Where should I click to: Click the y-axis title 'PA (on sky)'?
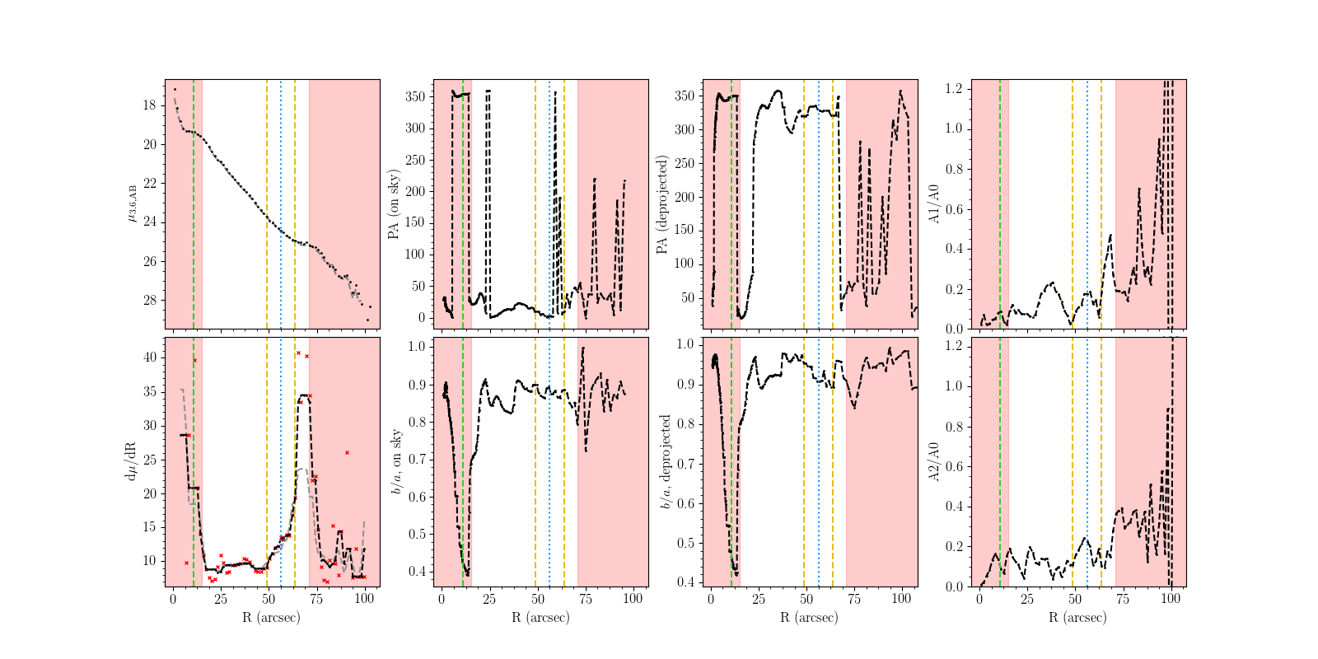394,204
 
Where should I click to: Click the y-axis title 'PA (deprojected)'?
662,204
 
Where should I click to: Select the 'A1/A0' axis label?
933,204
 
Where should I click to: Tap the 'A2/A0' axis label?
933,461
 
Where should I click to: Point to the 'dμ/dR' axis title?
130,461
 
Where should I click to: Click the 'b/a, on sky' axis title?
396,461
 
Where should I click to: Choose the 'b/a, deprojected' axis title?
665,461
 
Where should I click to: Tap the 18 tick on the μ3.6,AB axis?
149,105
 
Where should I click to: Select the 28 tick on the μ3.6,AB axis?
149,301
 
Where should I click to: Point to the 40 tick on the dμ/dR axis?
149,358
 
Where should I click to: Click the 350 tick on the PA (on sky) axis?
416,96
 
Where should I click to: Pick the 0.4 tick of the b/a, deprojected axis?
686,582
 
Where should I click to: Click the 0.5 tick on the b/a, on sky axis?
418,535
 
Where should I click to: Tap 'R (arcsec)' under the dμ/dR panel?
272,617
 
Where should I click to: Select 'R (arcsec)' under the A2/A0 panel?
1078,617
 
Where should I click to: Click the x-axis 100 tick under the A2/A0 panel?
1171,599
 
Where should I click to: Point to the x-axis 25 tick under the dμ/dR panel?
220,599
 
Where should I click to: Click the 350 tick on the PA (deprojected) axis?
685,96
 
